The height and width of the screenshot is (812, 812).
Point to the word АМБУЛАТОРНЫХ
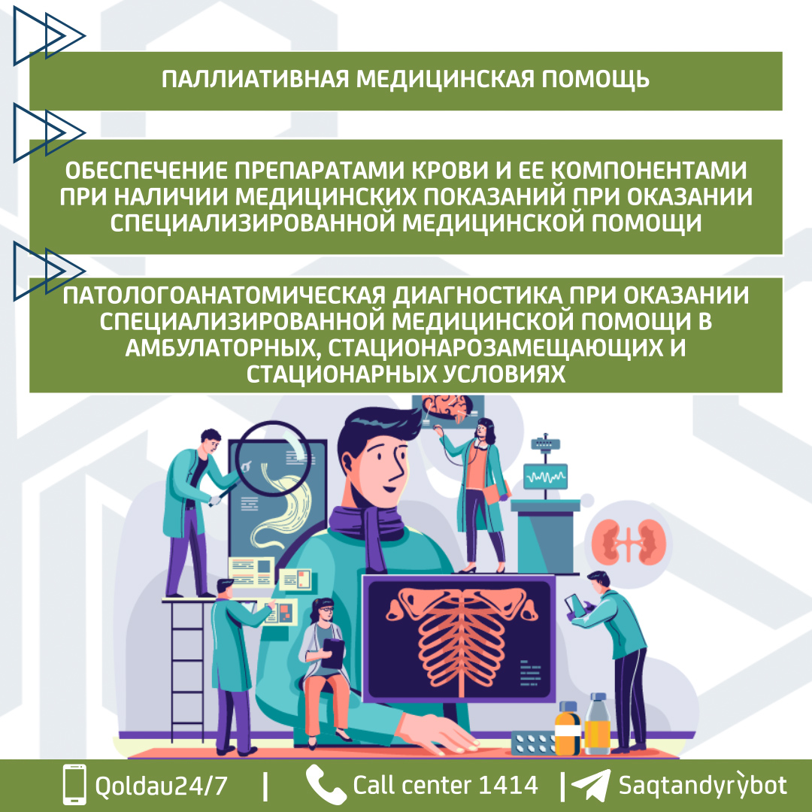click(x=218, y=347)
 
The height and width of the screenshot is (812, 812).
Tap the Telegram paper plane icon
click(x=591, y=786)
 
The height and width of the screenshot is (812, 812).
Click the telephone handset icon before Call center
click(x=326, y=784)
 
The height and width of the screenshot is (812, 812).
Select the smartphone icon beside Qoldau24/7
click(x=74, y=784)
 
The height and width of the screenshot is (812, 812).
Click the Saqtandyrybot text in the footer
click(x=703, y=785)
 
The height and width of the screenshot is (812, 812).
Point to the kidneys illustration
click(x=629, y=541)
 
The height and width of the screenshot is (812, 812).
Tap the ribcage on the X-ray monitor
click(x=459, y=639)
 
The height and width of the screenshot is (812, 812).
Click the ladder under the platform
click(x=187, y=671)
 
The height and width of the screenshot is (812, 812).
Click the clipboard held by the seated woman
click(x=332, y=653)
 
